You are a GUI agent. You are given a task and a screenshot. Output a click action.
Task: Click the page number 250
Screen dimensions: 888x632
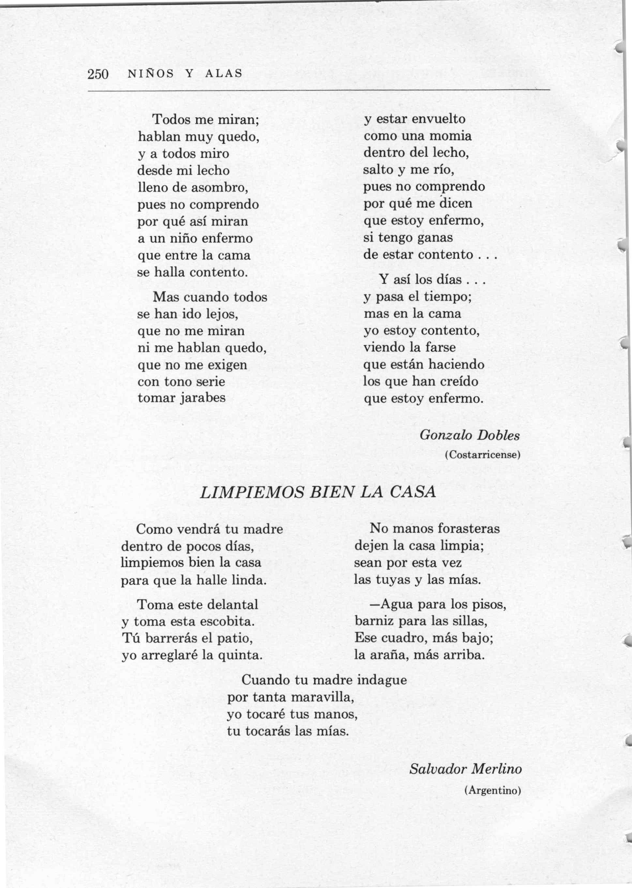click(x=98, y=74)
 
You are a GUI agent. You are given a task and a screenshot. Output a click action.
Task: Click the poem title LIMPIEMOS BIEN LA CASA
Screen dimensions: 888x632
click(x=318, y=492)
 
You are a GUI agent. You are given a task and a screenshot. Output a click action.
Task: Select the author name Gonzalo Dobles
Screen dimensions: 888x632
click(x=469, y=435)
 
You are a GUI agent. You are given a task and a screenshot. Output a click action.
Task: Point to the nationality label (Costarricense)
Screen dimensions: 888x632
click(x=483, y=455)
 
